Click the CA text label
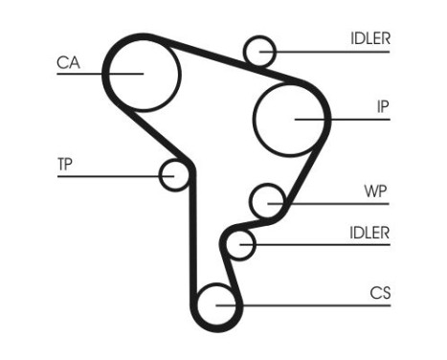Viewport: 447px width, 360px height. click(x=68, y=63)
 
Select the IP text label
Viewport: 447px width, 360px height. click(x=382, y=107)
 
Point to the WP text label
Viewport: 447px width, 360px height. click(x=375, y=190)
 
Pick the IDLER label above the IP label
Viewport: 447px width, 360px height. click(x=369, y=39)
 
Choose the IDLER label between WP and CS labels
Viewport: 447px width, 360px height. click(x=369, y=233)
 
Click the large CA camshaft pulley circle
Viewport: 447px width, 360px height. click(x=143, y=73)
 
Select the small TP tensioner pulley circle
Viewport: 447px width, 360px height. click(x=173, y=175)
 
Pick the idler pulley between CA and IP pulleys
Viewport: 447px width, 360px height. click(x=259, y=51)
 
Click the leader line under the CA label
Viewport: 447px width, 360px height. click(x=81, y=74)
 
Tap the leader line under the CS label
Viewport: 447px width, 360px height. click(x=316, y=305)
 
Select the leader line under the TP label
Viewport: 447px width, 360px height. click(x=105, y=175)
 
